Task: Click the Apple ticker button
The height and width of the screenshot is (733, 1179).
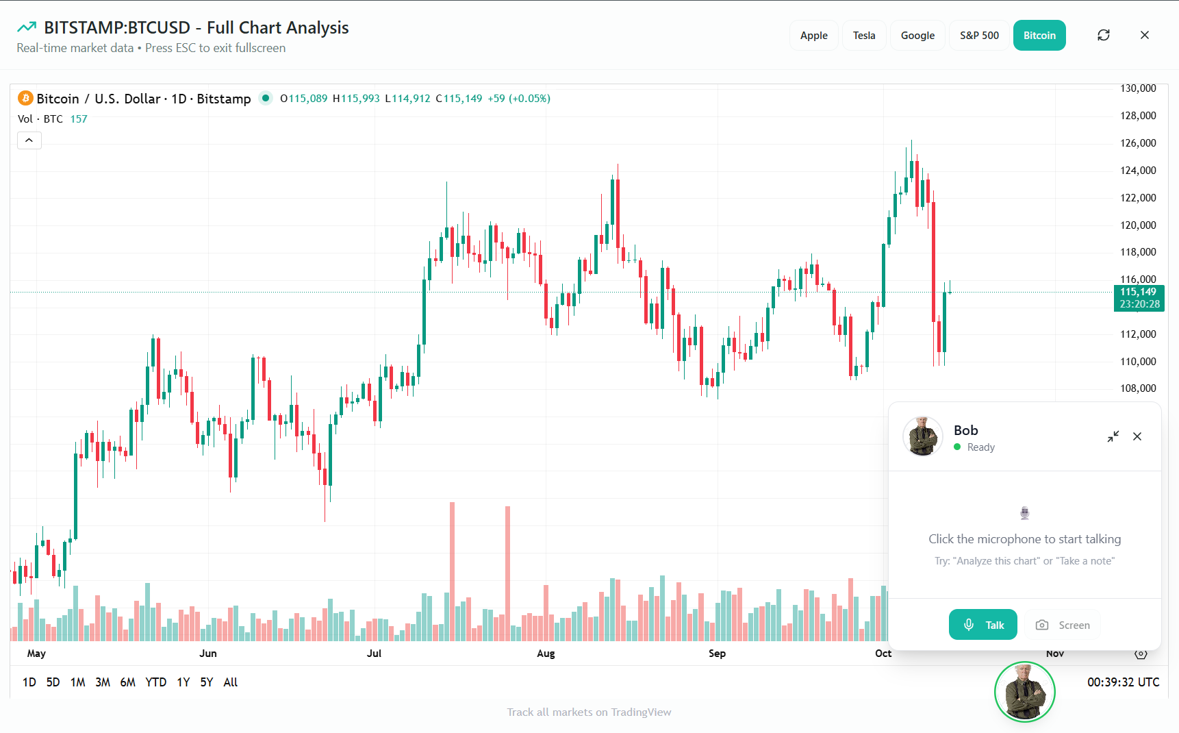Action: click(813, 36)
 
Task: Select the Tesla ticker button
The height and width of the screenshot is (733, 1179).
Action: click(863, 36)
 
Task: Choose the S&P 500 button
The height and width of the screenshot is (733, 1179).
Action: click(978, 36)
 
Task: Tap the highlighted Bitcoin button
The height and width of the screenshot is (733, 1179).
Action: click(1039, 36)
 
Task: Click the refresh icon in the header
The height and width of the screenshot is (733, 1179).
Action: click(1103, 35)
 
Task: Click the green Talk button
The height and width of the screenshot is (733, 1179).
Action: click(982, 625)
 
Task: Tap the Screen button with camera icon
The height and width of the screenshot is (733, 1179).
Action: click(1063, 625)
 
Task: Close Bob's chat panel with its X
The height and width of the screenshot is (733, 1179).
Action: click(1137, 436)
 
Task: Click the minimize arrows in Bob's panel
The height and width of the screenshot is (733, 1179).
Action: click(1113, 436)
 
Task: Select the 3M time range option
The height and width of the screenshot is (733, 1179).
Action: click(103, 682)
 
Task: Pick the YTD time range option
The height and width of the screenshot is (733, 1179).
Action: click(155, 682)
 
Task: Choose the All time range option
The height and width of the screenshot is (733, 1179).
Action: click(231, 682)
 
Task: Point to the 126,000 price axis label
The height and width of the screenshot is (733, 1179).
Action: click(1138, 143)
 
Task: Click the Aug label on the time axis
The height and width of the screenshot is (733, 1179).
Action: click(546, 654)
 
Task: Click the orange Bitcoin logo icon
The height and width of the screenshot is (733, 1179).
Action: click(25, 99)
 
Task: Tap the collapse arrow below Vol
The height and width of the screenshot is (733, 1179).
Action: click(29, 140)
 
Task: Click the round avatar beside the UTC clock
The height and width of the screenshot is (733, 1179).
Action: click(1024, 692)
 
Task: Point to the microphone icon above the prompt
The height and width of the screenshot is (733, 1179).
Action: click(1024, 513)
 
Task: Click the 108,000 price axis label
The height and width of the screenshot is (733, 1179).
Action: click(1138, 388)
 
